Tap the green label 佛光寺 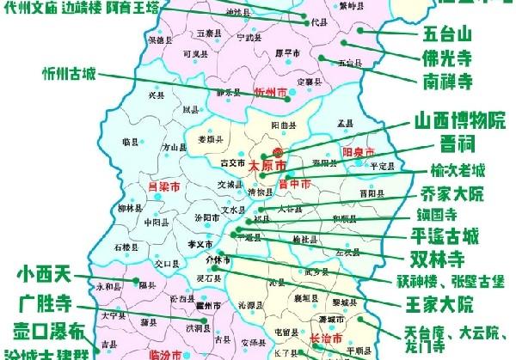tap(448, 60)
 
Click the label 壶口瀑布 tap(48, 331)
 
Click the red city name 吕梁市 tap(164, 184)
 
